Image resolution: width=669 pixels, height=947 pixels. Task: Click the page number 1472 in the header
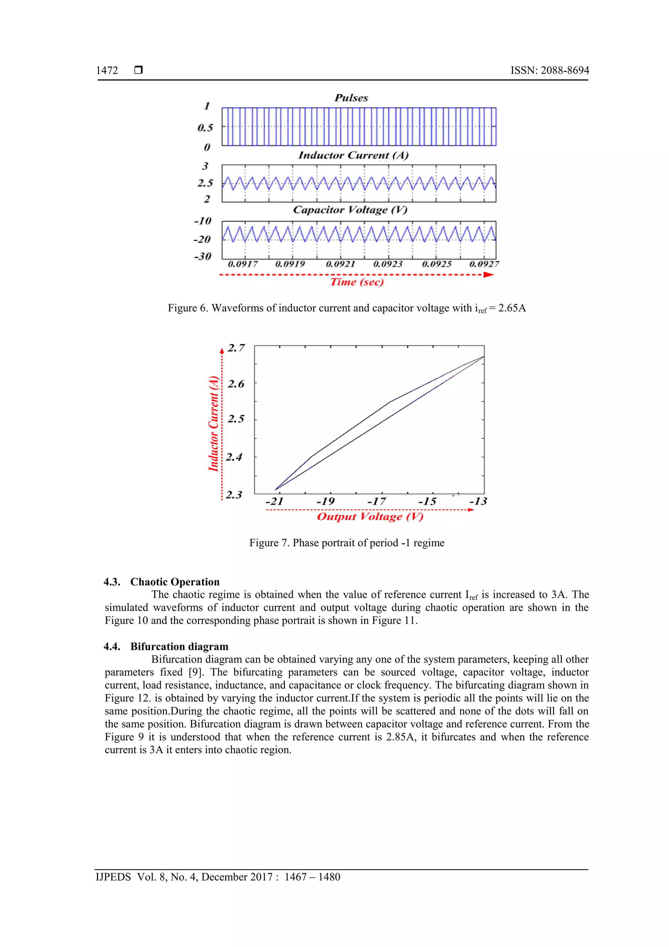point(107,71)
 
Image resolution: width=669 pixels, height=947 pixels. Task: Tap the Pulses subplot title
point(351,98)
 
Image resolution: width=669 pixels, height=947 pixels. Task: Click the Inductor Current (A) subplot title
point(353,156)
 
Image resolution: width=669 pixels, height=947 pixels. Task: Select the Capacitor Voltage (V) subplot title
point(350,210)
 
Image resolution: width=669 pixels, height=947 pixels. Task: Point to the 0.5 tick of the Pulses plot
point(205,128)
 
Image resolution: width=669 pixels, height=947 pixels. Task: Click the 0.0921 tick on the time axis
point(340,264)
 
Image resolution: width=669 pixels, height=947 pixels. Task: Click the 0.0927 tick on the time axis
point(484,264)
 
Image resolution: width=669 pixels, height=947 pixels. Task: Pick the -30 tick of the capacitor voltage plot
point(203,257)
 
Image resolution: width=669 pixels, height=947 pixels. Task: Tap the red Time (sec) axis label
point(357,282)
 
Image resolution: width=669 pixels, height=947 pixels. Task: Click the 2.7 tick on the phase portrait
point(236,348)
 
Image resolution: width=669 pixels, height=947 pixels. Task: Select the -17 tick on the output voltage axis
point(377,501)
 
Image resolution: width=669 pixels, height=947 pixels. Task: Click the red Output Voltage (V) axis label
point(370,517)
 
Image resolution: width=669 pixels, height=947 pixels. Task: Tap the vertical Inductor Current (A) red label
point(213,424)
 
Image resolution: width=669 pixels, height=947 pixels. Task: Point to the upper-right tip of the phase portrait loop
point(483,357)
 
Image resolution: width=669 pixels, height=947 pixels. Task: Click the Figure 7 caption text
point(347,543)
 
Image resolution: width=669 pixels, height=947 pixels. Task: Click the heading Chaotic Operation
point(175,582)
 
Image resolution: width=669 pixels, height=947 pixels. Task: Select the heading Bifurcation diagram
point(179,646)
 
